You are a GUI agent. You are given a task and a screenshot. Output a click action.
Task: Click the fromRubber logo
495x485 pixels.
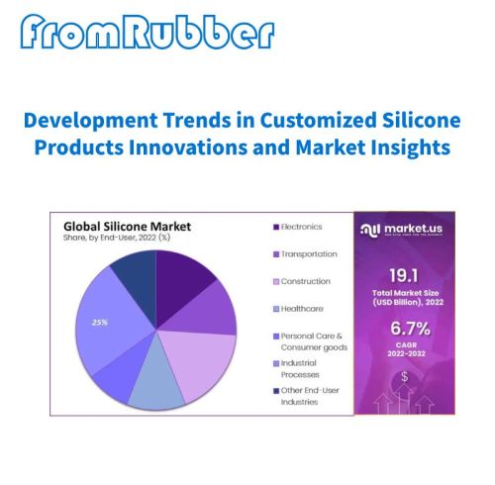pyautogui.click(x=146, y=33)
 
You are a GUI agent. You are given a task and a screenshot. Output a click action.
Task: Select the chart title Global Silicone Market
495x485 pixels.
pyautogui.click(x=127, y=226)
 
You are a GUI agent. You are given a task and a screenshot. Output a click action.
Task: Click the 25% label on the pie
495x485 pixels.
pyautogui.click(x=99, y=323)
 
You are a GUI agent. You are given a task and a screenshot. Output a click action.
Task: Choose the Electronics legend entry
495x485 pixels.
pyautogui.click(x=302, y=227)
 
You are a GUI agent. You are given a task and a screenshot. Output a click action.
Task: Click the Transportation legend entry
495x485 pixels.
pyautogui.click(x=308, y=254)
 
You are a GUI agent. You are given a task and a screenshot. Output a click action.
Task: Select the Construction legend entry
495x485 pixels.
pyautogui.click(x=306, y=282)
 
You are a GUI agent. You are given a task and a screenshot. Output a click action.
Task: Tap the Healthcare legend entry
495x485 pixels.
pyautogui.click(x=303, y=310)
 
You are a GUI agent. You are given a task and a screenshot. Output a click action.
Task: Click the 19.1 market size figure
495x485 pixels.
pyautogui.click(x=408, y=275)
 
